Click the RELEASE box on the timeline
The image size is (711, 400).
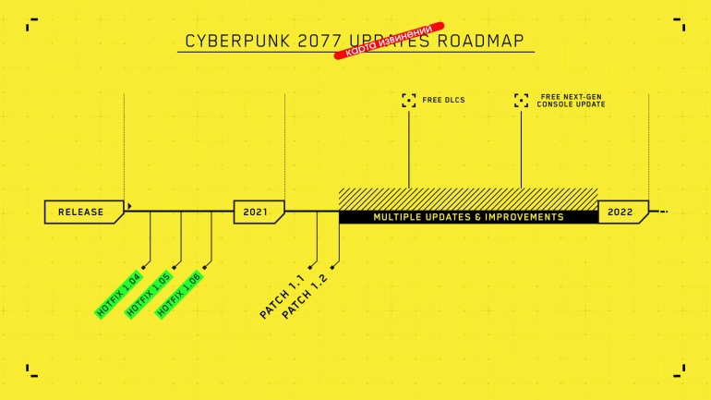[82, 212]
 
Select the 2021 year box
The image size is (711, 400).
[257, 212]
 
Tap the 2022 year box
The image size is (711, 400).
[621, 212]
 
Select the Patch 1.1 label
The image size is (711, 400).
[282, 297]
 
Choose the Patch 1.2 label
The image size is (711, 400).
[304, 297]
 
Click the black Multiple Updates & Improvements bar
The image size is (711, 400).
[468, 217]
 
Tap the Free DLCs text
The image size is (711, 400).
[444, 98]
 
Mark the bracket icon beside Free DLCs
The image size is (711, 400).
[409, 99]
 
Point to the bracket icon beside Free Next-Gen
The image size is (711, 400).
[522, 100]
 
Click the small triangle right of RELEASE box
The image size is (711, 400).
[130, 206]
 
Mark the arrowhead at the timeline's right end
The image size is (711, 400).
[663, 212]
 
